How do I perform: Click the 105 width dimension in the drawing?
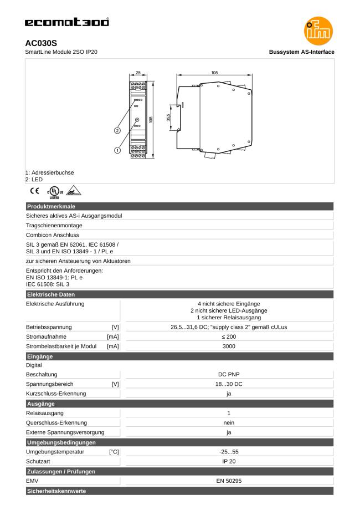[x=215, y=72]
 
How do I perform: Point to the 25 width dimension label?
[x=138, y=72]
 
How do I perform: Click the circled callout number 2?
[x=117, y=131]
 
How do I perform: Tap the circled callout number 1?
[x=117, y=149]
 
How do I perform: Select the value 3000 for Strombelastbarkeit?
[x=229, y=346]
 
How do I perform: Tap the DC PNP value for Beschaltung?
[x=229, y=375]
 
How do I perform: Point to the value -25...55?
[x=229, y=451]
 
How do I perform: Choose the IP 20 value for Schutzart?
[x=229, y=461]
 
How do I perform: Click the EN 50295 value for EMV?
[x=229, y=480]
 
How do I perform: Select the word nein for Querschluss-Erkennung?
[x=229, y=422]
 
